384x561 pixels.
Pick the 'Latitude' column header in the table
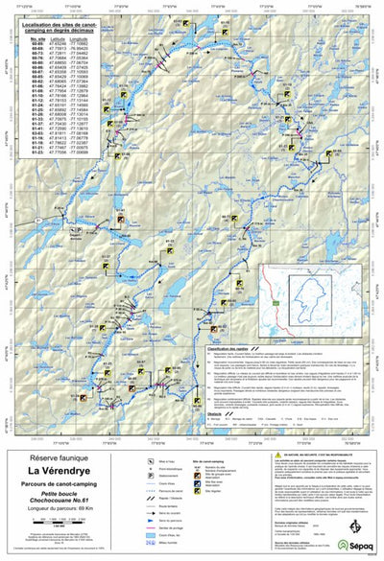(x=60, y=38)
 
